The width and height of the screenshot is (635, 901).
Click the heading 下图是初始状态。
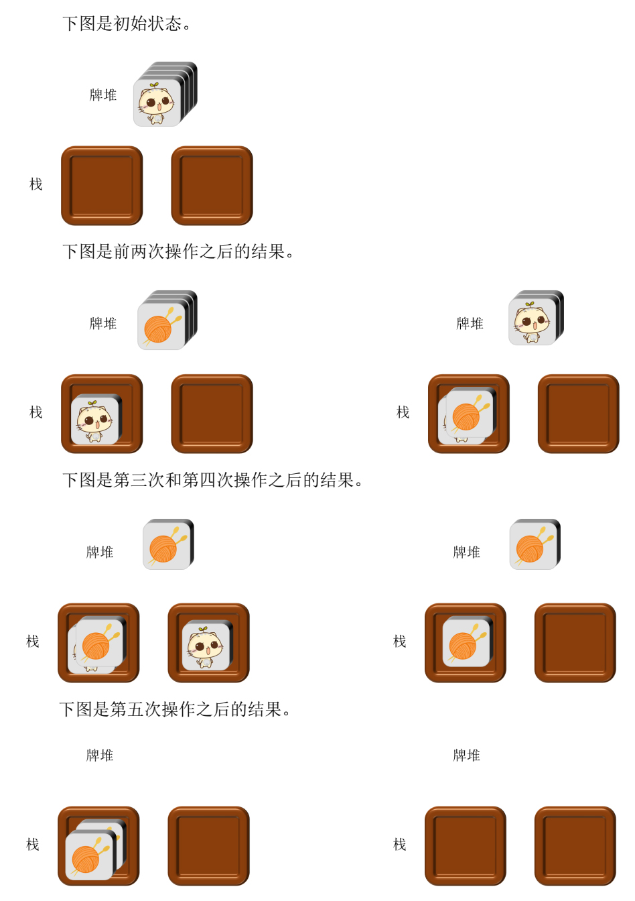click(126, 23)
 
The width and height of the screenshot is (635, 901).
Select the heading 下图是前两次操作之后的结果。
click(178, 251)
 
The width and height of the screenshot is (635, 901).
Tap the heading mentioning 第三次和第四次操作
click(212, 480)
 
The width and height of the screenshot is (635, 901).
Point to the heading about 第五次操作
click(175, 709)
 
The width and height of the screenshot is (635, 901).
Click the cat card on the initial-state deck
click(157, 103)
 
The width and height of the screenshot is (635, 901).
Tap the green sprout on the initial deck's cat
click(153, 85)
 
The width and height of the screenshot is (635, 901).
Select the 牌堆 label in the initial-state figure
click(103, 95)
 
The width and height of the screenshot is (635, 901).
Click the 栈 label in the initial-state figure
click(36, 184)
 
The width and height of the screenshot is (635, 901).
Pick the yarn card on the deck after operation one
click(161, 326)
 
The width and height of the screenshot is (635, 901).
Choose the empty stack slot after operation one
click(212, 414)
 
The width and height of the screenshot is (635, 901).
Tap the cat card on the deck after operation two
click(532, 321)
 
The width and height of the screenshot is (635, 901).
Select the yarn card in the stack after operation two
click(469, 413)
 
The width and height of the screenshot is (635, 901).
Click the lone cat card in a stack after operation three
click(206, 646)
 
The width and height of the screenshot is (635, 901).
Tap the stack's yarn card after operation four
click(466, 643)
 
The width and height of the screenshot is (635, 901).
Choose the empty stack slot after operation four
click(575, 642)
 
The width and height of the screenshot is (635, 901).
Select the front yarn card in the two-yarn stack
click(89, 856)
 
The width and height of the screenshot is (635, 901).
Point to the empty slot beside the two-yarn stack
click(208, 845)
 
